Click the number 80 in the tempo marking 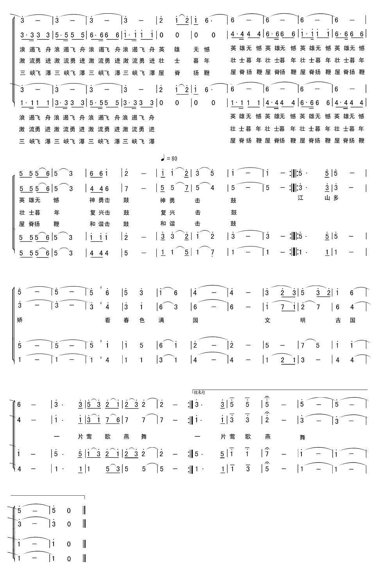pyautogui.click(x=174, y=158)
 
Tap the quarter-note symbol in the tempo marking pyautogui.click(x=163, y=158)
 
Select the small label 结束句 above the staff pyautogui.click(x=200, y=392)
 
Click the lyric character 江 pyautogui.click(x=301, y=198)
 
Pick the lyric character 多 pyautogui.click(x=335, y=198)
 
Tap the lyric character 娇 pyautogui.click(x=20, y=320)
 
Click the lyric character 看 pyautogui.click(x=108, y=320)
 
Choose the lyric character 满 pyautogui.click(x=161, y=320)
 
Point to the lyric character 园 pyautogui.click(x=195, y=320)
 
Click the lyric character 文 pyautogui.click(x=268, y=320)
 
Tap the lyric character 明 pyautogui.click(x=302, y=320)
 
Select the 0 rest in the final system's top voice pyautogui.click(x=69, y=511)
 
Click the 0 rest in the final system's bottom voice pyautogui.click(x=69, y=559)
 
